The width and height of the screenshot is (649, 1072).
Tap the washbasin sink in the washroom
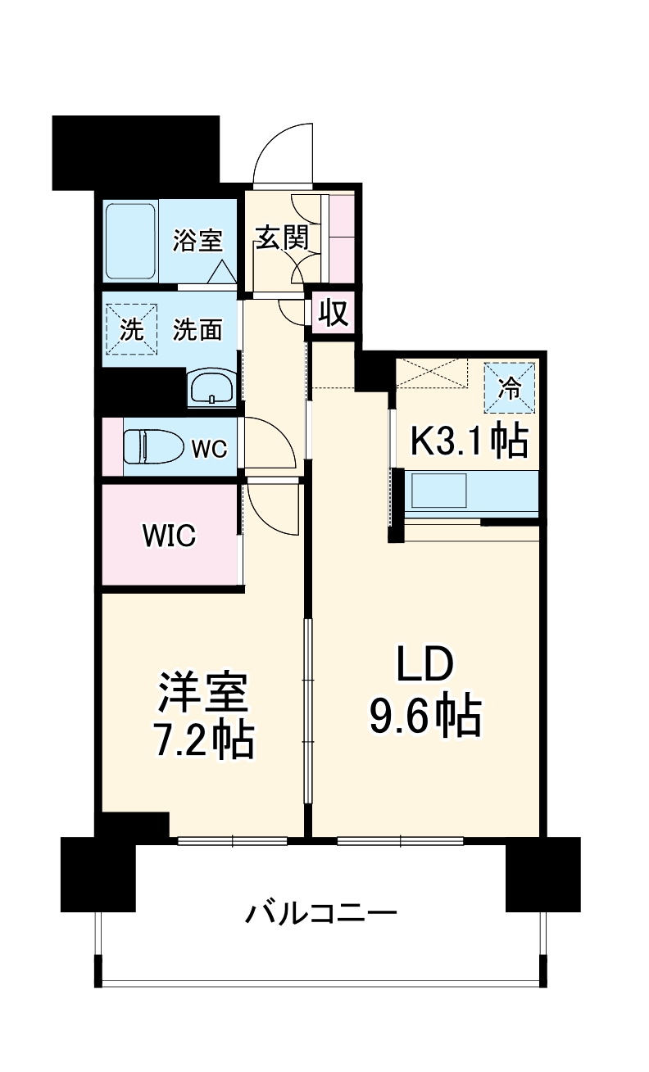(x=213, y=387)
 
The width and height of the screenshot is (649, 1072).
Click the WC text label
(x=208, y=449)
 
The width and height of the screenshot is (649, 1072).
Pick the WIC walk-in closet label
(x=168, y=536)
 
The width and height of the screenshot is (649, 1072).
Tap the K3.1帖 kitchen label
(x=468, y=442)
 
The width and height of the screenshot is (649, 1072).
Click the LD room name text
(x=424, y=667)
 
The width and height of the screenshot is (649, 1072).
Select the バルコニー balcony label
(x=321, y=911)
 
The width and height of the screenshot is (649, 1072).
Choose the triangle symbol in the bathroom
(x=221, y=272)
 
